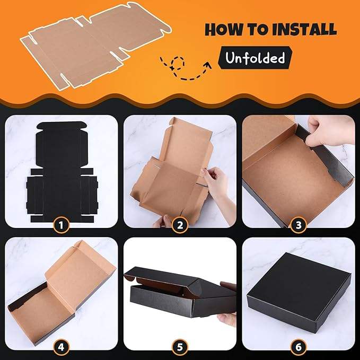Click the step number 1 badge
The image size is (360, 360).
point(61,225)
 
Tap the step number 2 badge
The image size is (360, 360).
point(180,225)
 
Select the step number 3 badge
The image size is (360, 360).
point(298,225)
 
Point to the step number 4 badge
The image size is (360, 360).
point(61,347)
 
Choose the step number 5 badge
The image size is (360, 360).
point(180,347)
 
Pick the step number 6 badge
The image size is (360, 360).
point(298,347)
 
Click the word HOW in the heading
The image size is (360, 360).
point(224,29)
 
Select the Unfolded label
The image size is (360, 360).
point(255,58)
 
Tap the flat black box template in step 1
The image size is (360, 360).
point(62,172)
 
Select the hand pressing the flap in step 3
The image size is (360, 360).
point(331,131)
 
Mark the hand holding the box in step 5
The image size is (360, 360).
point(227,319)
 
